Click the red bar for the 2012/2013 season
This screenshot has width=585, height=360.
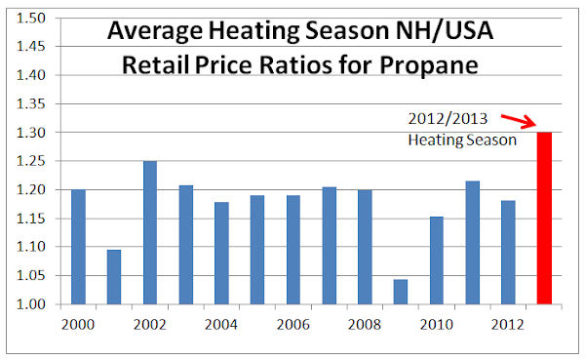click(x=544, y=219)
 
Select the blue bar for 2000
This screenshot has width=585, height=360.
click(x=78, y=247)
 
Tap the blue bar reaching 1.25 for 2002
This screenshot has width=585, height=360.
click(x=150, y=232)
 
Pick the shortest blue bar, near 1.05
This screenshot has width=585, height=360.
click(x=401, y=292)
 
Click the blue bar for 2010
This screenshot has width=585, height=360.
click(x=437, y=260)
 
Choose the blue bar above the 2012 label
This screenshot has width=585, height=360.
click(x=508, y=253)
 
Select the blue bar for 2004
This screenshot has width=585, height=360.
click(x=221, y=254)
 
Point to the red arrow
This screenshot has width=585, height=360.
click(x=519, y=121)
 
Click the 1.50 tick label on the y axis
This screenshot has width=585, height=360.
click(x=30, y=18)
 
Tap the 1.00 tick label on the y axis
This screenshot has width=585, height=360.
click(x=30, y=304)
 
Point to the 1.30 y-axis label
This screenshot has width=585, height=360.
click(x=30, y=133)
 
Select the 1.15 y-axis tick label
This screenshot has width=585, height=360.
click(x=30, y=219)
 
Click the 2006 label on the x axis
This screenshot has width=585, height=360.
click(x=292, y=325)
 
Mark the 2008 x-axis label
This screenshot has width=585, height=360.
click(x=365, y=325)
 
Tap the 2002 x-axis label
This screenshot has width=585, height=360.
click(x=149, y=325)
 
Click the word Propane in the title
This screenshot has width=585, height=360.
click(x=429, y=65)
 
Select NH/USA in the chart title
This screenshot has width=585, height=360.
click(x=445, y=31)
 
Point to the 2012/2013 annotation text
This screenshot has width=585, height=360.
click(x=448, y=119)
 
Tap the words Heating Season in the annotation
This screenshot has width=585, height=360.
click(x=462, y=140)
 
